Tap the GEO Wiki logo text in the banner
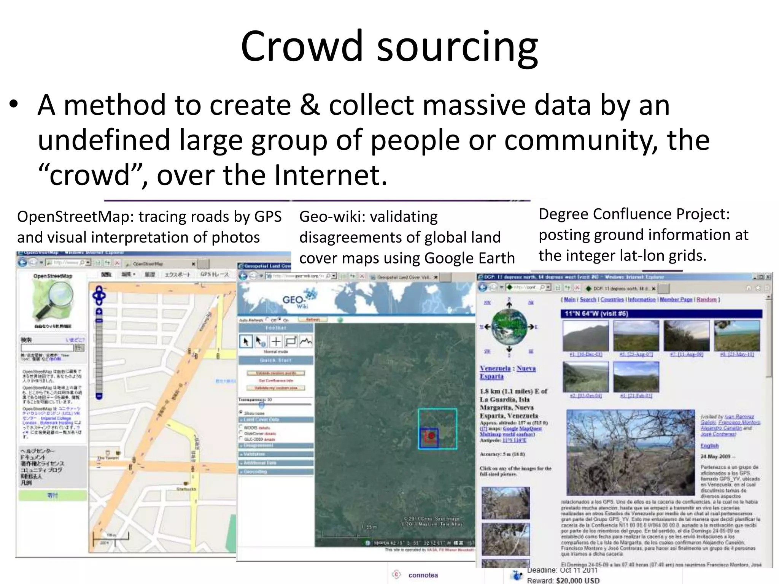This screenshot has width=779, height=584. pyautogui.click(x=296, y=301)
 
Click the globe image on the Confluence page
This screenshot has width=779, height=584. pyautogui.click(x=509, y=326)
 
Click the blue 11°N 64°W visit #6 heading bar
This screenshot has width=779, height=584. pyautogui.click(x=661, y=314)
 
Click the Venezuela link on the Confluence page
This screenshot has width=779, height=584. pyautogui.click(x=495, y=368)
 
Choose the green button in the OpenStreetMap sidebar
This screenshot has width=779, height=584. pyautogui.click(x=52, y=495)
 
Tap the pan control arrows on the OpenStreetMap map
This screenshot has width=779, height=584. pyautogui.click(x=99, y=295)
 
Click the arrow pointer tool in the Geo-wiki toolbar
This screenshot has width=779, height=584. pyautogui.click(x=246, y=341)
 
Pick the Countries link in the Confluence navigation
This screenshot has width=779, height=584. pyautogui.click(x=612, y=300)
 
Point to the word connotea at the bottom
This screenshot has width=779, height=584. pyautogui.click(x=423, y=575)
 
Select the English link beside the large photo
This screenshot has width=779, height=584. pyautogui.click(x=709, y=446)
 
